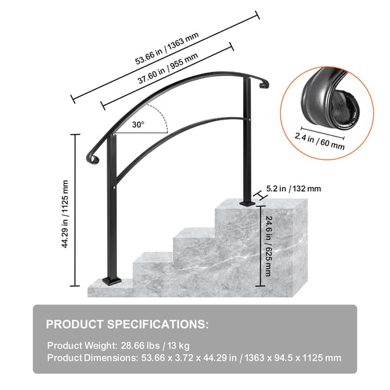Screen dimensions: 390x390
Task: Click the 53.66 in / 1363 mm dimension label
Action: [x=166, y=48]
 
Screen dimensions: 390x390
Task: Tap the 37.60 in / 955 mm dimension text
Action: [x=168, y=68]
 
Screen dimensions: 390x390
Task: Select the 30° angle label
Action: [x=138, y=124]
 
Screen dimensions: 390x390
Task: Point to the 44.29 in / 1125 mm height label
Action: [x=65, y=214]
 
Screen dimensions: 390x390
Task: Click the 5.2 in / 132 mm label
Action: [x=294, y=188]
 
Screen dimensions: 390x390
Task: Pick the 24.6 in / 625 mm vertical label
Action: [x=268, y=246]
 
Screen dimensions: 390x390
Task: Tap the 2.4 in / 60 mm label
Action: [x=320, y=141]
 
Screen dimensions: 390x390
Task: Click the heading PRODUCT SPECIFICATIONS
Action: [x=127, y=324]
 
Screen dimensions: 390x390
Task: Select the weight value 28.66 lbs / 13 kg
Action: [x=155, y=346]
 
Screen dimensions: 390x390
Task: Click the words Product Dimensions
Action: [x=92, y=358]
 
